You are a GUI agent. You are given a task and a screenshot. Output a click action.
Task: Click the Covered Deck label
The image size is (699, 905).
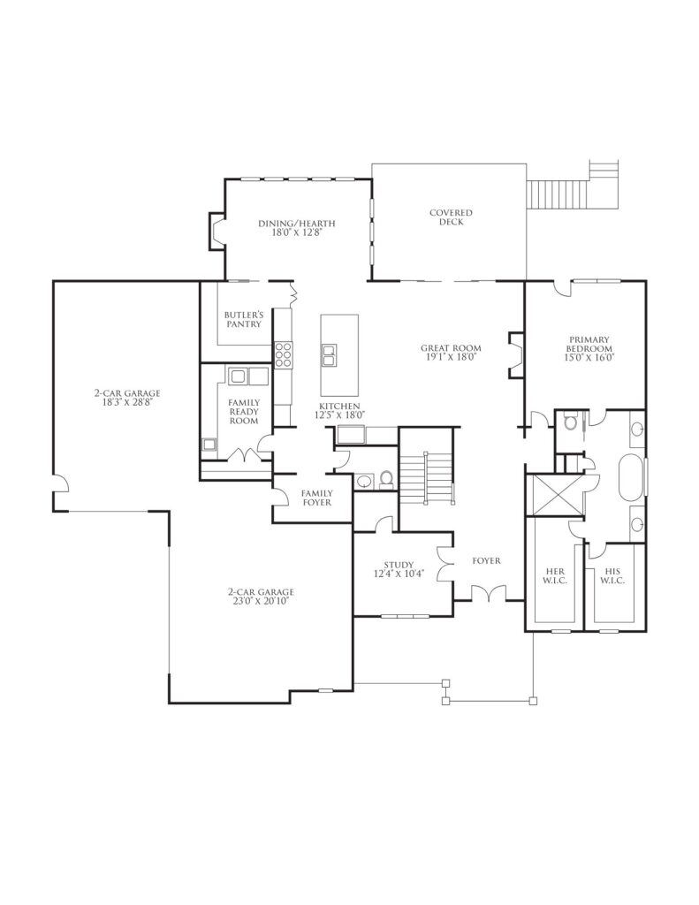tap(451, 217)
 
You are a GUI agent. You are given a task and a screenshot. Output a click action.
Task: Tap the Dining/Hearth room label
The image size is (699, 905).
tap(297, 224)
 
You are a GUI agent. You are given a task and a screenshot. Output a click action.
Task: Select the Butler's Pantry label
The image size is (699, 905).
tap(244, 319)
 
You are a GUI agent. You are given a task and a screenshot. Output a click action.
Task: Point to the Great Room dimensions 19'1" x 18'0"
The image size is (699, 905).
tap(451, 357)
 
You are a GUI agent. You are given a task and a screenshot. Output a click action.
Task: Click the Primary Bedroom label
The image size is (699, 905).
tap(589, 344)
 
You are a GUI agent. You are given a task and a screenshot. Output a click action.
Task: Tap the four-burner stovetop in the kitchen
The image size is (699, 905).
tap(283, 354)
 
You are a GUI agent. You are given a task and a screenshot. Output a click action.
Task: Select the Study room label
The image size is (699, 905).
tap(399, 565)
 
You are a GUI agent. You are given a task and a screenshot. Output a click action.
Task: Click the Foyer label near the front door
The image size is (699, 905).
tap(486, 560)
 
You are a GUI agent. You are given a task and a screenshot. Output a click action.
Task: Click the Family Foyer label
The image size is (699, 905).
tap(317, 498)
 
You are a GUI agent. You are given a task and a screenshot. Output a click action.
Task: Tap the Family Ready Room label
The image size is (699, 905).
tap(244, 412)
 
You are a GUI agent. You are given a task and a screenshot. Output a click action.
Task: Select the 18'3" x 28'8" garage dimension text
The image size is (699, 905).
tap(127, 402)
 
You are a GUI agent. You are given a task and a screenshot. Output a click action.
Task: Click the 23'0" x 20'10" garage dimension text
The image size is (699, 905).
tap(261, 601)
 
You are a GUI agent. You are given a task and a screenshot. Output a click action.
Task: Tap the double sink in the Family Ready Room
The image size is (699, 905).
tap(248, 376)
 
